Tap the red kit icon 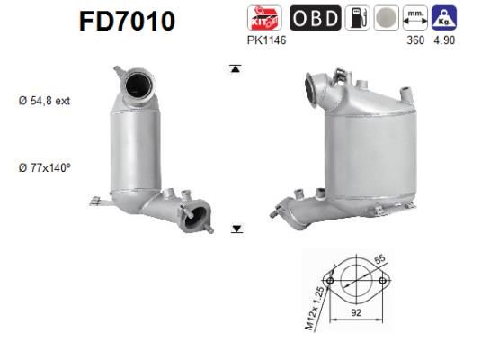[x=263, y=19]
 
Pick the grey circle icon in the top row [x=385, y=19]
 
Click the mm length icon [x=414, y=19]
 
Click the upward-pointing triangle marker [x=235, y=69]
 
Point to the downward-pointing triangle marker [x=236, y=229]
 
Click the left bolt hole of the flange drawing [x=331, y=283]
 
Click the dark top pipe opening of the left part [x=139, y=86]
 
